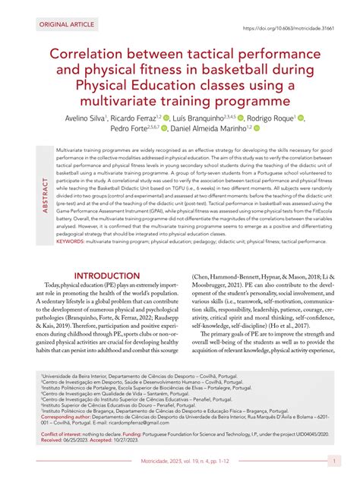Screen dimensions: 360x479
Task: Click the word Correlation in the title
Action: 92,55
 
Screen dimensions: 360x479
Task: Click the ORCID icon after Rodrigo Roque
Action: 302,119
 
